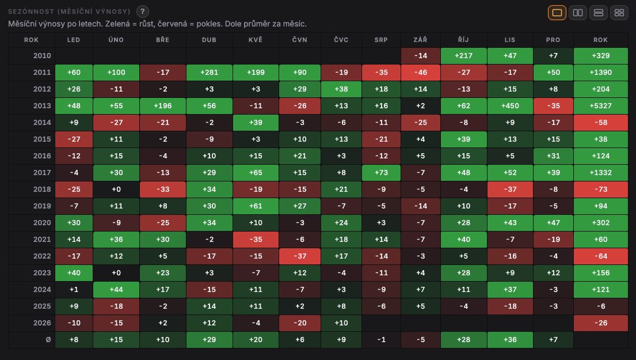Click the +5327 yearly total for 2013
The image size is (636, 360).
600,105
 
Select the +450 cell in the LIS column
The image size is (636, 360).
510,105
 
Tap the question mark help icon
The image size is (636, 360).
142,12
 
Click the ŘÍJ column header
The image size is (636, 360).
463,40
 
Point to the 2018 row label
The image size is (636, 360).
42,189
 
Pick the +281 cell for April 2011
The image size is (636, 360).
210,72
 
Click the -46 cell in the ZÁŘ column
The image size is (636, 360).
421,72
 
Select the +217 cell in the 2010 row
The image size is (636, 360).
463,56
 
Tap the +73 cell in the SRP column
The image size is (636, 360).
381,172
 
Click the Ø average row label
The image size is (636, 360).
48,340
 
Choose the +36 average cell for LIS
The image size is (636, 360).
510,340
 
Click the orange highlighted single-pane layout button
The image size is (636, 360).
557,13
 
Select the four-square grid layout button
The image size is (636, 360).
619,13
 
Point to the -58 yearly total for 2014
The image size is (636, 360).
600,123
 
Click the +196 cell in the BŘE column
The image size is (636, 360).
163,105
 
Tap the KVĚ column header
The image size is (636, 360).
256,40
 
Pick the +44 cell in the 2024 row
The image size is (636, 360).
116,289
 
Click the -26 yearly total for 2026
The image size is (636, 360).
600,323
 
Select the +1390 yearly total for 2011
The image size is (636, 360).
600,72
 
